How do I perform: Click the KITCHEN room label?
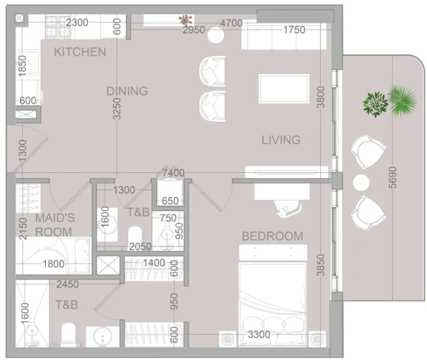coord(80,52)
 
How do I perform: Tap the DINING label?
coord(127,91)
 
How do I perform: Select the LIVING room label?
coord(281,140)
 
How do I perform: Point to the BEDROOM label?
coord(272,236)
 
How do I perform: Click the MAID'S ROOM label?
coord(54,224)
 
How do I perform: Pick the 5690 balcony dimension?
coord(393,178)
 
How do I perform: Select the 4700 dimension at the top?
coord(231,23)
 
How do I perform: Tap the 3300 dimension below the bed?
coord(259,335)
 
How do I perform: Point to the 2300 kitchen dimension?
coord(77,23)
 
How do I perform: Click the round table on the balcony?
coord(361,182)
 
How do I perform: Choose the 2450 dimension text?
coord(67,284)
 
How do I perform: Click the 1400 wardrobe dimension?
coord(153,263)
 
